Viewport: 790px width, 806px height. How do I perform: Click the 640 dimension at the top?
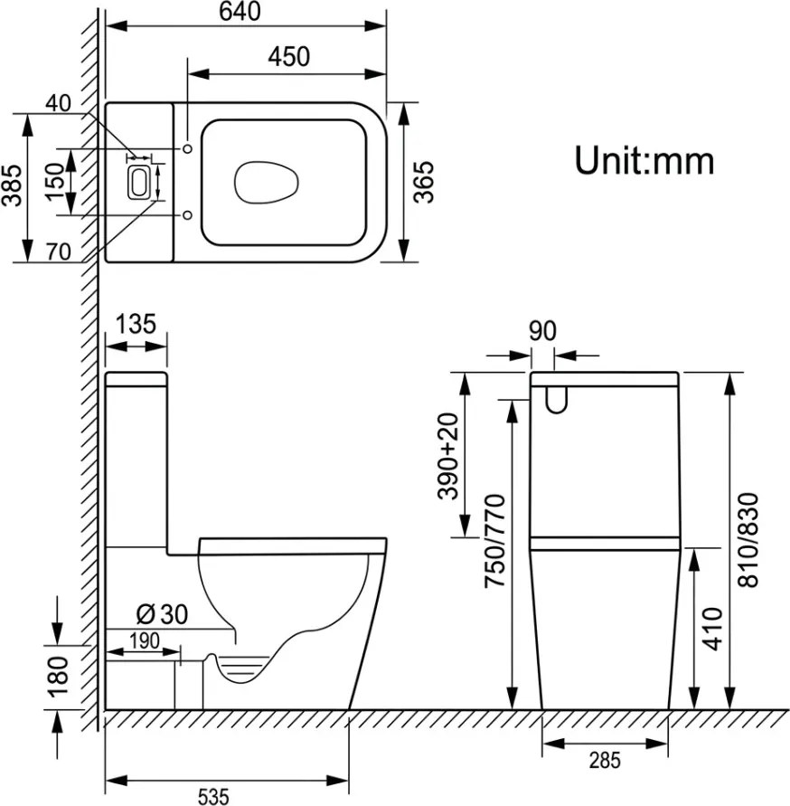coord(240,12)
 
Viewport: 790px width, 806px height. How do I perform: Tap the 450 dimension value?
coord(288,57)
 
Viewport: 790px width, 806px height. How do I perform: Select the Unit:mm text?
coord(644,161)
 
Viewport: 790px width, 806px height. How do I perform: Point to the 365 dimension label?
coord(424,182)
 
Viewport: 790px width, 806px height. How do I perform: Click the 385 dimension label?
coord(12,185)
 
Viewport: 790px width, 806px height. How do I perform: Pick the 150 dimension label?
coord(54,183)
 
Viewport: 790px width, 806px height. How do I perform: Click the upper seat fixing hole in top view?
coord(187,148)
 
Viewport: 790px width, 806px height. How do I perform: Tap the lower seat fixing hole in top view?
coord(187,215)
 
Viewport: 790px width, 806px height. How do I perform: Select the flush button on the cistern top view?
coord(138,182)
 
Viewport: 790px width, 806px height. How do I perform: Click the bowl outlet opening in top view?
coord(266,182)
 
